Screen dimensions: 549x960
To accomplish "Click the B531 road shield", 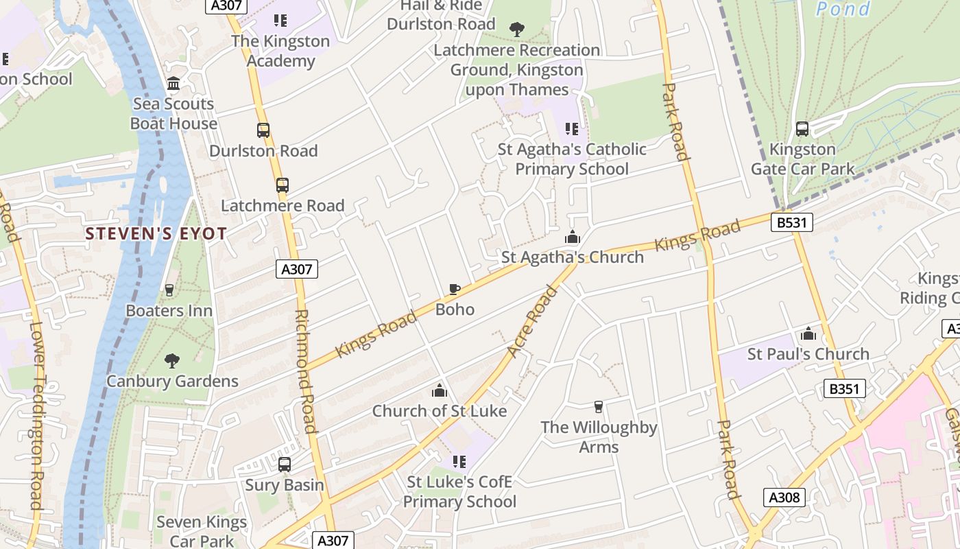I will point(791,222).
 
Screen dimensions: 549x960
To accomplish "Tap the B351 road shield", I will point(843,389).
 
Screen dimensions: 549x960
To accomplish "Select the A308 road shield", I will point(784,497).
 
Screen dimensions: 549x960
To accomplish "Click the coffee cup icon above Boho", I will point(454,289).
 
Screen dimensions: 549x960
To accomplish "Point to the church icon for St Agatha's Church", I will point(573,237).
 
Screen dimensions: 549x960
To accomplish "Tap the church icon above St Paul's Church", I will point(808,334).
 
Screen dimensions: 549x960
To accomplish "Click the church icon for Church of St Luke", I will point(439,390).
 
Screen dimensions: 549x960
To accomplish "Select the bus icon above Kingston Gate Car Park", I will point(802,128).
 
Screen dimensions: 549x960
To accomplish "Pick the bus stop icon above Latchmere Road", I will point(283,185).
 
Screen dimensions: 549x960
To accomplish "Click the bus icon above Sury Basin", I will point(285,465).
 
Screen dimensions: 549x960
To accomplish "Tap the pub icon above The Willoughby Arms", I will point(599,407).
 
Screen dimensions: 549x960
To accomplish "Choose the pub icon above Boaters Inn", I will point(169,290).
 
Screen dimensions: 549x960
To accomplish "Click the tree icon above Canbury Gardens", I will point(172,360).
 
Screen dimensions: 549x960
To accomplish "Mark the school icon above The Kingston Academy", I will point(280,21).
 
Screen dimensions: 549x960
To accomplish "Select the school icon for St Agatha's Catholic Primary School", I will point(572,129).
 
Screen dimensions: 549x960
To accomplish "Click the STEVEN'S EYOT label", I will point(156,234).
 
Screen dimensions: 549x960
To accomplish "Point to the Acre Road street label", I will point(533,321).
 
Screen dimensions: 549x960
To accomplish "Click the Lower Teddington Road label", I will point(36,415).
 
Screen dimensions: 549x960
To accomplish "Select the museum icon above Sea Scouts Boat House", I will point(173,84).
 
